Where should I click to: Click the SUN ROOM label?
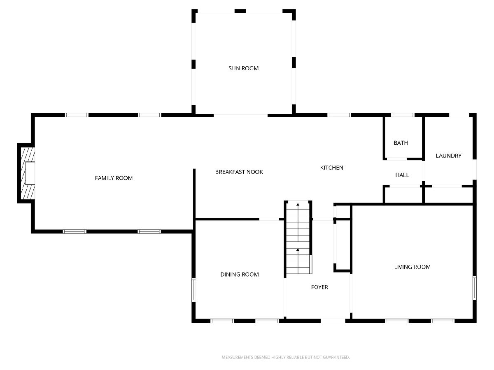pyautogui.click(x=243, y=68)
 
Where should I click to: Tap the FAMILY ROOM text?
pyautogui.click(x=114, y=178)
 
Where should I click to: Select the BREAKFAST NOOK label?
pyautogui.click(x=239, y=172)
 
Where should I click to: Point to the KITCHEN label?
pyautogui.click(x=331, y=168)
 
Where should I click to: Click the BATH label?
pyautogui.click(x=401, y=143)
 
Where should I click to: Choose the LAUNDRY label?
pyautogui.click(x=448, y=156)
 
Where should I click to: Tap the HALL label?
pyautogui.click(x=402, y=175)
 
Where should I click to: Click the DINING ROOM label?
pyautogui.click(x=240, y=274)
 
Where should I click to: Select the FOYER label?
pyautogui.click(x=319, y=287)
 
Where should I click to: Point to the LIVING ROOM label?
pyautogui.click(x=412, y=267)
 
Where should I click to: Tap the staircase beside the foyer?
pyautogui.click(x=298, y=237)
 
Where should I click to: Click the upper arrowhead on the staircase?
pyautogui.click(x=298, y=205)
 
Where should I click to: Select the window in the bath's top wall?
pyautogui.click(x=403, y=115)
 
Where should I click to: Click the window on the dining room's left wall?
pyautogui.click(x=193, y=290)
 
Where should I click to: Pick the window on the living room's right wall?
pyautogui.click(x=474, y=288)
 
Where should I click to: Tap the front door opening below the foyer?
pyautogui.click(x=333, y=321)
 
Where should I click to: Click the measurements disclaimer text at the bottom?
pyautogui.click(x=286, y=357)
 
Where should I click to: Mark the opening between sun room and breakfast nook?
pyautogui.click(x=240, y=116)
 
